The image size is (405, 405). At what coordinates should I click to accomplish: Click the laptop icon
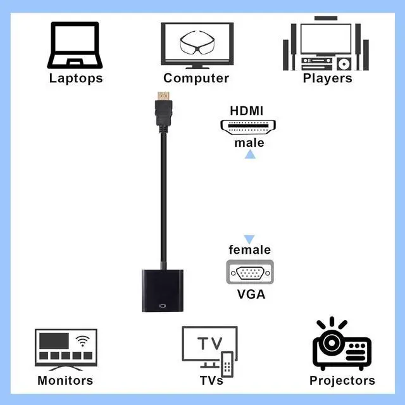tap(76, 46)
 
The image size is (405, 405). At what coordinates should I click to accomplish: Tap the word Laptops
tap(76, 78)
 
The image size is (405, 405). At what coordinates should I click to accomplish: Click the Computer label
tap(196, 78)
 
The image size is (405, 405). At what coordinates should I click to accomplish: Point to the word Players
tap(327, 78)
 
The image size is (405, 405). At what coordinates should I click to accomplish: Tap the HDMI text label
tap(246, 111)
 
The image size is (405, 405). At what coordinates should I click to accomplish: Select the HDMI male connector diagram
tap(248, 127)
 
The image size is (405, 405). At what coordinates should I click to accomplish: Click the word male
tap(249, 143)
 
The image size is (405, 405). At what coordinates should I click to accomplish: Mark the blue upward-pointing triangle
tap(250, 154)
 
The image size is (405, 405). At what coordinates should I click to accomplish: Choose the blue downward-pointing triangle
tap(249, 239)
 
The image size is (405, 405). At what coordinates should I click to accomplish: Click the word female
tap(249, 250)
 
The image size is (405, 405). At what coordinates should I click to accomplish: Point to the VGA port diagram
tap(249, 273)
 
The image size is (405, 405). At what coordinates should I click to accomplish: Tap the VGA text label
tap(251, 294)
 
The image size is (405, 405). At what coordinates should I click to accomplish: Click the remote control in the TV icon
tap(227, 363)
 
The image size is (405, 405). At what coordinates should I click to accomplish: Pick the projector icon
tap(342, 346)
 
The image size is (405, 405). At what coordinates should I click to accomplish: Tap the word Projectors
tap(342, 381)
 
